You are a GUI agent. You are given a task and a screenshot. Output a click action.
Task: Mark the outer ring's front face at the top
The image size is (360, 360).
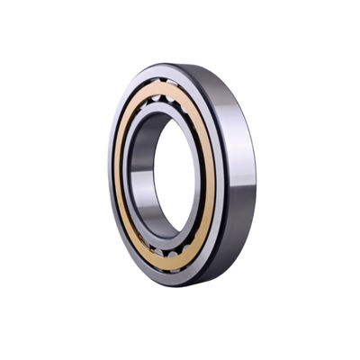click(x=162, y=71)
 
